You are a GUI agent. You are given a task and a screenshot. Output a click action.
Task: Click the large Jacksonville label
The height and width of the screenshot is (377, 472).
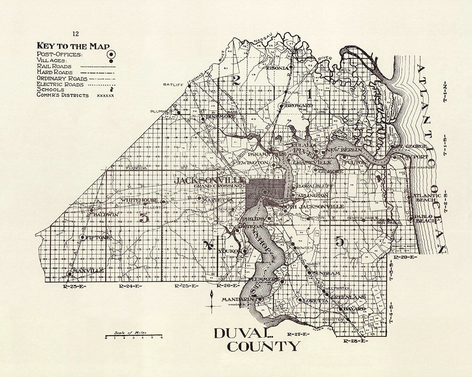point(210,180)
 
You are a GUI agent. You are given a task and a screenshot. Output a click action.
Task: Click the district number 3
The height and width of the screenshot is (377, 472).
point(144,218)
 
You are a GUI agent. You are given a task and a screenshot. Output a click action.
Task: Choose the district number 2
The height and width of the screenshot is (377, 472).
point(237,80)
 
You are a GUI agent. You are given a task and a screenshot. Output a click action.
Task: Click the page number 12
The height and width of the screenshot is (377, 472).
point(76,33)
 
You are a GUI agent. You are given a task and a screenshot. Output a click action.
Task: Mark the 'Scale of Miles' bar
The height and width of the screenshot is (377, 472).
point(134,337)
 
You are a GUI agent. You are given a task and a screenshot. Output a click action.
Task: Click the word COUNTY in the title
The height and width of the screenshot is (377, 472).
point(263,347)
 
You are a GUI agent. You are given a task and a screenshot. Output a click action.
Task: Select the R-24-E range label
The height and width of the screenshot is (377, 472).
point(128,286)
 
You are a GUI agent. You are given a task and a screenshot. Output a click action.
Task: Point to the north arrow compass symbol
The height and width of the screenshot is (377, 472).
point(213,300)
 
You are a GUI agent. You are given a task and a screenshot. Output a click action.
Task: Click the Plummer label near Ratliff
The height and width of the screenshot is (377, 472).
point(160,111)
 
